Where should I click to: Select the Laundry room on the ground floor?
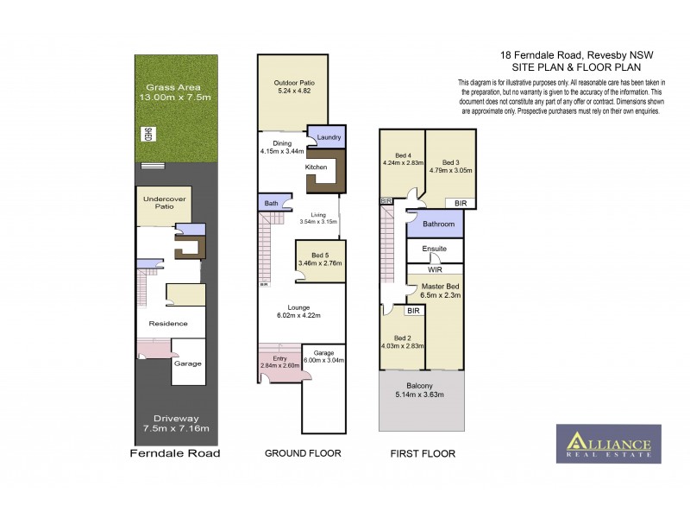tap(329, 137)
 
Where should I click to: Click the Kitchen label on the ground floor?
tap(316, 167)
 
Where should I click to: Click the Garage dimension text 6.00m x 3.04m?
tap(323, 360)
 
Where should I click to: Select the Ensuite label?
tap(435, 249)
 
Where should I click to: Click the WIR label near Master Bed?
tap(435, 269)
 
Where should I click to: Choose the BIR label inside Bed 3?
tap(461, 202)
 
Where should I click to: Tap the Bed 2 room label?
tap(402, 338)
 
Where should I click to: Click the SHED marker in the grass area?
tap(148, 135)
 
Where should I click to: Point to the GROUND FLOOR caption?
tap(303, 453)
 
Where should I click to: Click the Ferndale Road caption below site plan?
tap(175, 453)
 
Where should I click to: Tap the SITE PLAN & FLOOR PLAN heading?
tap(573, 66)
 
